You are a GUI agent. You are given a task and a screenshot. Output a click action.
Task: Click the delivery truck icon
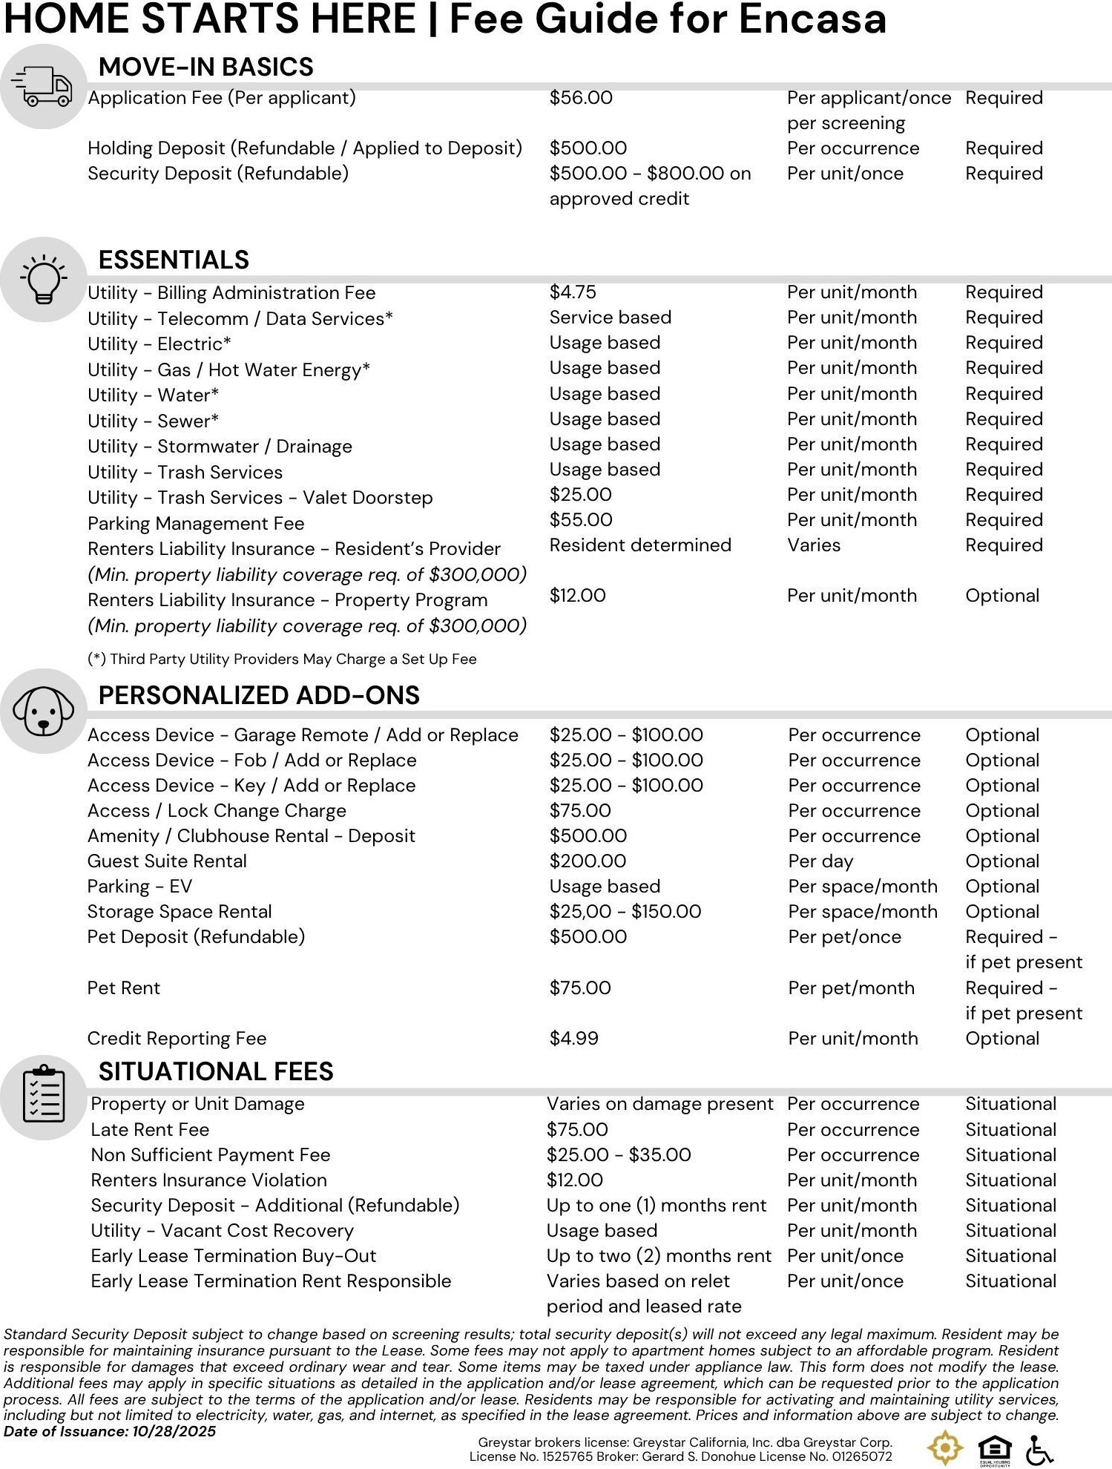[43, 86]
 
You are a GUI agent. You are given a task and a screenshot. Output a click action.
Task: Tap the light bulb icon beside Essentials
[44, 279]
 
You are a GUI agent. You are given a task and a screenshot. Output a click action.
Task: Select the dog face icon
[44, 711]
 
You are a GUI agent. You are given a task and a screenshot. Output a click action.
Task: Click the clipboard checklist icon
[44, 1097]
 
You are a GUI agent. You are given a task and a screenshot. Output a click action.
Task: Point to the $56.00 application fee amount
[581, 98]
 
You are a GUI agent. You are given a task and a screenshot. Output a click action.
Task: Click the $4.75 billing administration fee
[573, 292]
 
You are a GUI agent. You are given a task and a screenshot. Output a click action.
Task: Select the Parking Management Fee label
[196, 524]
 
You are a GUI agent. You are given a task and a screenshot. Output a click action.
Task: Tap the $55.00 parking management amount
[581, 520]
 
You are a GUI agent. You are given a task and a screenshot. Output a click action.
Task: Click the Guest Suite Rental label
[167, 861]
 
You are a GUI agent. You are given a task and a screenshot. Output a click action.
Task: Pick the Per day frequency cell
[820, 861]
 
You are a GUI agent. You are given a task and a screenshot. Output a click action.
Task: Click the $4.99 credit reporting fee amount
[573, 1039]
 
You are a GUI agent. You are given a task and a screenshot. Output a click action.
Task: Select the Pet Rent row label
[124, 988]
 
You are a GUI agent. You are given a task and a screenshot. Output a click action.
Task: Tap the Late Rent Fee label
[150, 1130]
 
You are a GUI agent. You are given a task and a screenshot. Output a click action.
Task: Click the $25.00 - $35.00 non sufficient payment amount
[619, 1155]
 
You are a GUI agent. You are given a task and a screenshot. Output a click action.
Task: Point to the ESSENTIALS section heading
[174, 260]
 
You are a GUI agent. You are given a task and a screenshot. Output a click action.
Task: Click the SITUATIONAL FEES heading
[216, 1071]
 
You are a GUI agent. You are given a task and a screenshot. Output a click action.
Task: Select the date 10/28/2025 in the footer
[174, 1432]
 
